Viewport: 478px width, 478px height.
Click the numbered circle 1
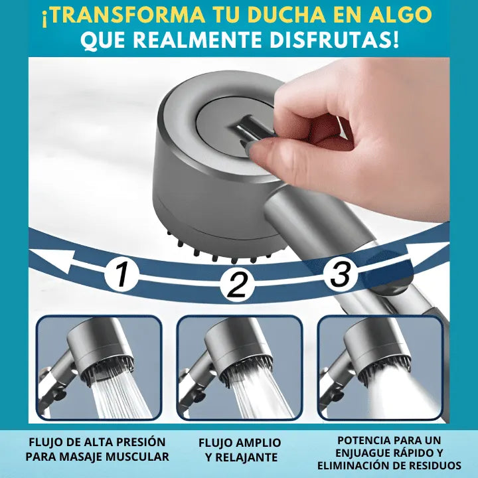tap(122, 274)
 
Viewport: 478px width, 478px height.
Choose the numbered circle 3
tap(340, 273)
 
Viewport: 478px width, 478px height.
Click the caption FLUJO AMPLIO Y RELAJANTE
tap(239, 449)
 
